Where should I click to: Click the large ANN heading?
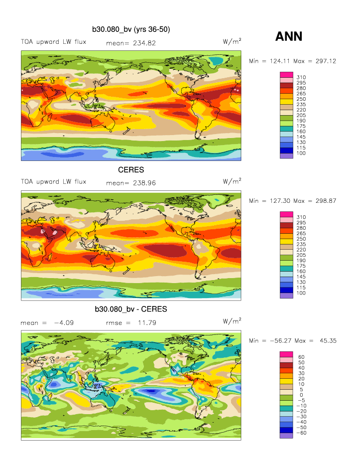[x=289, y=36]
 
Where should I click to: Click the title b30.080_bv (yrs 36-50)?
[x=131, y=30]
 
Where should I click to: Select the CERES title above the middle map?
[x=131, y=170]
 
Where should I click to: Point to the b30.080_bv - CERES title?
[x=131, y=310]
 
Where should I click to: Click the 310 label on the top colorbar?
[x=301, y=77]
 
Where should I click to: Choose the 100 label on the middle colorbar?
[x=301, y=293]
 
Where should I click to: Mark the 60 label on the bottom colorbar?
[x=300, y=357]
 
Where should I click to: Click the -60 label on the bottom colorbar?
[x=302, y=433]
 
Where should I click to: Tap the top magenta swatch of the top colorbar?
[x=286, y=74]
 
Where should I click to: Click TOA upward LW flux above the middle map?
[x=53, y=181]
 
